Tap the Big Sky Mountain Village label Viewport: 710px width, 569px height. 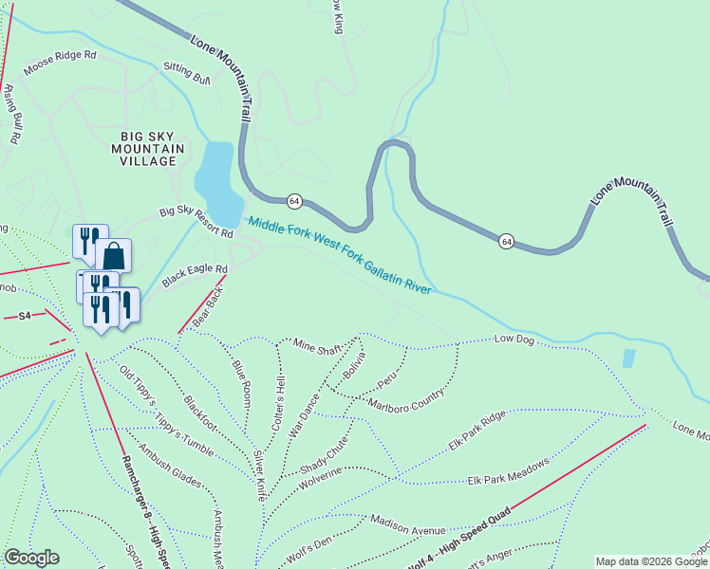(x=143, y=149)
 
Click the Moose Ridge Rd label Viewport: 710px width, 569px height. (x=60, y=62)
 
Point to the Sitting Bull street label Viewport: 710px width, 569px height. (x=186, y=70)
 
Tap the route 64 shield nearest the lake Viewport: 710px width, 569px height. (x=294, y=200)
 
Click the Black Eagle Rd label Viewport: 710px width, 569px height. (x=195, y=275)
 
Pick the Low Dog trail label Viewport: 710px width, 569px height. (x=514, y=339)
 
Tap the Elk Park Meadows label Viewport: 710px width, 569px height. (x=509, y=477)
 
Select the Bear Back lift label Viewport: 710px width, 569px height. (x=207, y=307)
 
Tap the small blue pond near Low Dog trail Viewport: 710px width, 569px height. (x=629, y=358)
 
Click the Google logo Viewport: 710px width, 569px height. (x=31, y=558)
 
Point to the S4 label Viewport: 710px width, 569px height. (x=25, y=315)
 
